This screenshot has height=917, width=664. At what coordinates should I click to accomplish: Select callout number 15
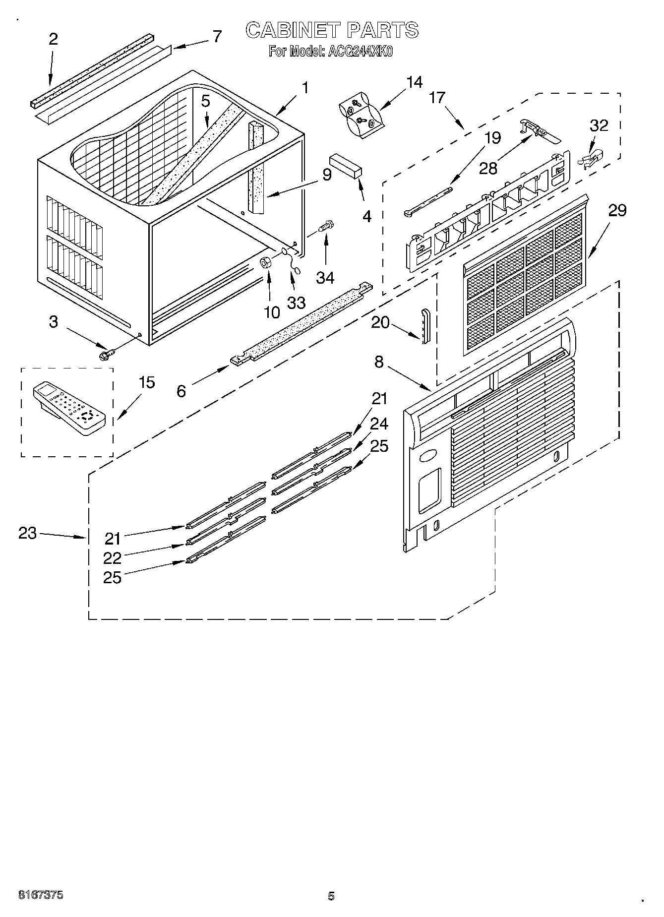click(x=146, y=383)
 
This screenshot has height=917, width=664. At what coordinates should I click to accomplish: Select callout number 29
click(x=617, y=211)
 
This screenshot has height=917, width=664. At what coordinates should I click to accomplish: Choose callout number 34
click(x=325, y=278)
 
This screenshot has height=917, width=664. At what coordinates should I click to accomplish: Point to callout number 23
click(x=28, y=534)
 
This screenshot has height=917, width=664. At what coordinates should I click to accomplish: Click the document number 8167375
click(x=40, y=895)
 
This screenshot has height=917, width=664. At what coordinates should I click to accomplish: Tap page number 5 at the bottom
click(x=331, y=896)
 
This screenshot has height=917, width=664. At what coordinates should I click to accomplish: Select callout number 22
click(x=113, y=558)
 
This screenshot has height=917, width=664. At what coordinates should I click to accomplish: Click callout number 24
click(x=379, y=424)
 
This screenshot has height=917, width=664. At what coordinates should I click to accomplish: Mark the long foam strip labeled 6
click(x=300, y=322)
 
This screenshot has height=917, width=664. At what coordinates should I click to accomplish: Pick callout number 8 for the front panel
click(x=379, y=362)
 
